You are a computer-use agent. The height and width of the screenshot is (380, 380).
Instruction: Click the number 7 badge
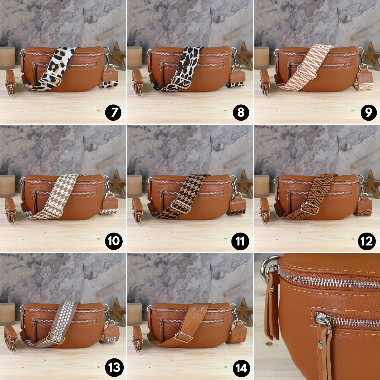pyautogui.click(x=113, y=112)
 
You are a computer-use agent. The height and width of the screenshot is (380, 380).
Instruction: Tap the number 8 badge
pyautogui.click(x=241, y=112)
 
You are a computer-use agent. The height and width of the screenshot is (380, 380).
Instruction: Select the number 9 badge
pyautogui.click(x=369, y=112)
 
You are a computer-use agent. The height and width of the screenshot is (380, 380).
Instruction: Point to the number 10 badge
pyautogui.click(x=114, y=241)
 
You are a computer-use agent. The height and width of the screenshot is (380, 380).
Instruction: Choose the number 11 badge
pyautogui.click(x=240, y=241)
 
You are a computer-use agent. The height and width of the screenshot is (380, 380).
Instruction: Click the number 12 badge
pyautogui.click(x=367, y=241)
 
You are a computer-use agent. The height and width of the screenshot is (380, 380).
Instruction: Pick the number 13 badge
pyautogui.click(x=114, y=368)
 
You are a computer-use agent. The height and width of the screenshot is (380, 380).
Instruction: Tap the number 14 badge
pyautogui.click(x=241, y=368)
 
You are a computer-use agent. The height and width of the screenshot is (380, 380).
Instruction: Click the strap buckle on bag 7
pyautogui.click(x=52, y=79)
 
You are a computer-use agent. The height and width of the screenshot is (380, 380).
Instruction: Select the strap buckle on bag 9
pyautogui.click(x=307, y=72)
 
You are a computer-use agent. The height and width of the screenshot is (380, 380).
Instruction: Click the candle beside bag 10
pyautogui.click(x=7, y=186)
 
